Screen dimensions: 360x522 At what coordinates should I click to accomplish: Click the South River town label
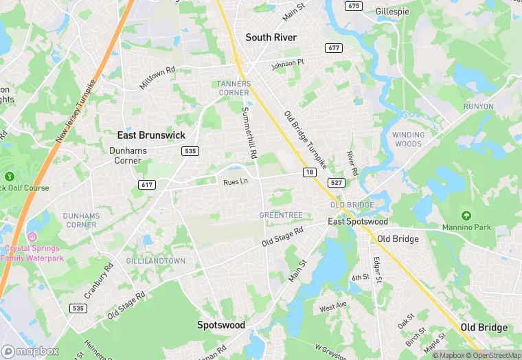tap(271, 37)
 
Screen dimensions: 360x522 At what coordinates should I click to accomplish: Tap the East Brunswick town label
tap(151, 135)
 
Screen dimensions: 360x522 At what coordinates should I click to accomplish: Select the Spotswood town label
tap(221, 325)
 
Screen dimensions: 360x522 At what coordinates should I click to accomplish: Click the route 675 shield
tap(354, 6)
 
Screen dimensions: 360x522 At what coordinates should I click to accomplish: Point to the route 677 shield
tap(334, 48)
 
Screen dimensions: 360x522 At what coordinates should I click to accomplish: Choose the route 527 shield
tap(337, 183)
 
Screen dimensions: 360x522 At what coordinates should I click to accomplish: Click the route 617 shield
tap(146, 185)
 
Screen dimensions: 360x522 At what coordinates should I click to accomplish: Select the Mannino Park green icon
tap(466, 216)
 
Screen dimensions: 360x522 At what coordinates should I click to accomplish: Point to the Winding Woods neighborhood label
tap(407, 139)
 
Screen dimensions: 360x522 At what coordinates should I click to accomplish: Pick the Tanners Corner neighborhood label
tap(234, 88)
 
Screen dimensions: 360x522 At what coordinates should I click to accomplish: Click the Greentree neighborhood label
tap(281, 215)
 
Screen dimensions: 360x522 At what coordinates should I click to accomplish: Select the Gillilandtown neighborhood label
tap(156, 261)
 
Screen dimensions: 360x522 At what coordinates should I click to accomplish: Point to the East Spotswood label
tap(358, 221)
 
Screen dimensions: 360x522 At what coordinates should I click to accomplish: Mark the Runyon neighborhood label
tap(478, 106)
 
